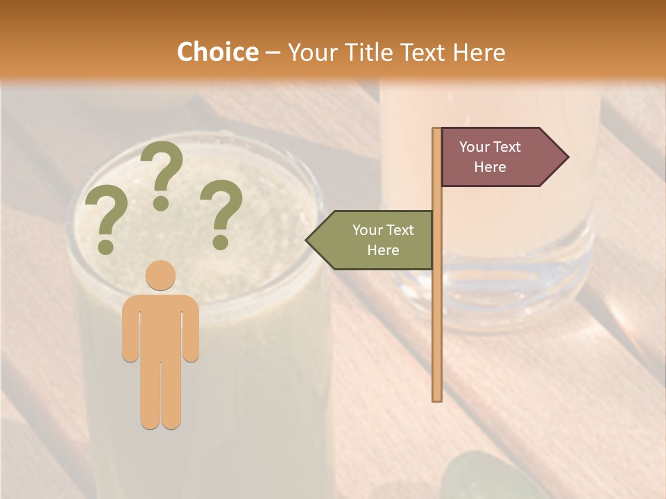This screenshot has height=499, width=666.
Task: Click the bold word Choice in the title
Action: [217, 52]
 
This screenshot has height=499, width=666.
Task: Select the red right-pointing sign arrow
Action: [504, 157]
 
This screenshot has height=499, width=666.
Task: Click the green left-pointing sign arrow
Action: [370, 240]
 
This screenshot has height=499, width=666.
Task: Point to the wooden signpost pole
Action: [437, 312]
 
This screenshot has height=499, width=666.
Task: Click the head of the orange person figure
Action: [160, 275]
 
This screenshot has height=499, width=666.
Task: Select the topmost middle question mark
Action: [162, 174]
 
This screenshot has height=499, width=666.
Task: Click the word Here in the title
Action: [479, 53]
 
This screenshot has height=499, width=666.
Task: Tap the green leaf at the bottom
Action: [486, 478]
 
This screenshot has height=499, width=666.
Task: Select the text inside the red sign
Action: [490, 157]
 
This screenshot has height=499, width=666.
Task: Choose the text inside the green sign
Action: [383, 240]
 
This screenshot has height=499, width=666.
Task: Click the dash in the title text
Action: [273, 53]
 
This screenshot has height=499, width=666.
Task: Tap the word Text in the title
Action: [425, 53]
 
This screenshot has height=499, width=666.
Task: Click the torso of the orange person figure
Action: [160, 326]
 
